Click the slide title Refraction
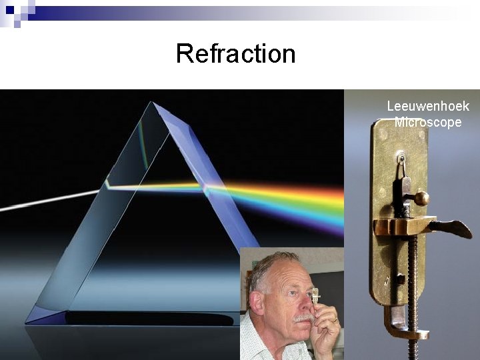coord(235,53)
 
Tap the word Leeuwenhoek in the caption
coord(428,106)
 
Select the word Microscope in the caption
coord(428,122)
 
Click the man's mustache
coord(303,318)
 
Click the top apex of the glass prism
coord(154,103)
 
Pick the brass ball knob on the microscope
coord(421,198)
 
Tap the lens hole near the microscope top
coord(400,158)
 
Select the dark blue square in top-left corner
coord(9,9)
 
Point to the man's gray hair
coord(270,263)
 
